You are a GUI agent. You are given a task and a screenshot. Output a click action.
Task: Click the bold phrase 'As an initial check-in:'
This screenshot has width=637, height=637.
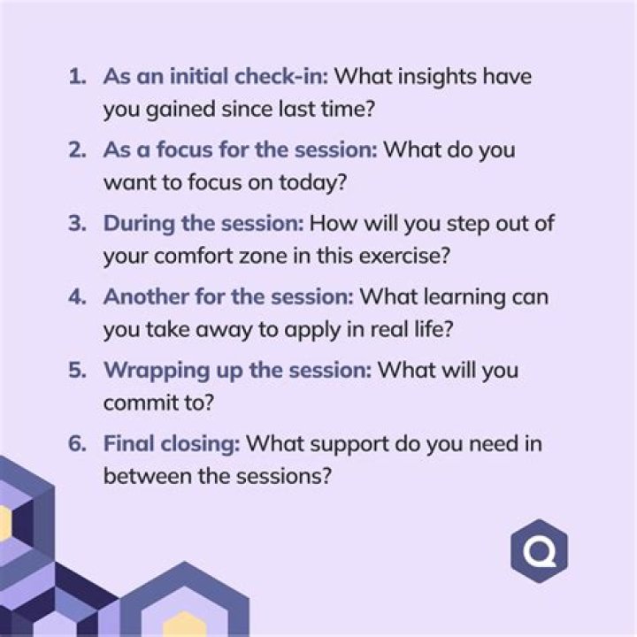(x=216, y=76)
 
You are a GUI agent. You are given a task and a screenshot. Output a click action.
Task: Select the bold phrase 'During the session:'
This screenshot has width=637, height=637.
(x=203, y=223)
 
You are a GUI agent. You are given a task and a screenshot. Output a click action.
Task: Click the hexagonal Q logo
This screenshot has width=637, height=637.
(x=539, y=551)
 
